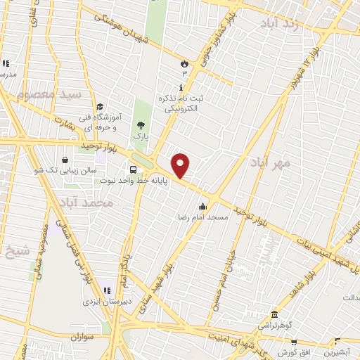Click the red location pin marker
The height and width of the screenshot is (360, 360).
(181, 165)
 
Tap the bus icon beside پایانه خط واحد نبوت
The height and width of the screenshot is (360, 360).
(132, 169)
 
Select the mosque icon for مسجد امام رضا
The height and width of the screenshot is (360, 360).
(203, 207)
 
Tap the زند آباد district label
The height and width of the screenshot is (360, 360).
(289, 25)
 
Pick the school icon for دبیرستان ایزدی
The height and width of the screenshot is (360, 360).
(108, 290)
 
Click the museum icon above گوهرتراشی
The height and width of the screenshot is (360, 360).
(274, 315)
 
